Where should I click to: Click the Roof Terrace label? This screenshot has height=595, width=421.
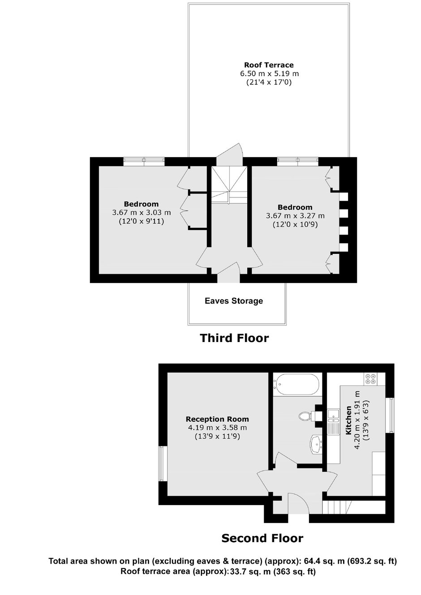coord(269,65)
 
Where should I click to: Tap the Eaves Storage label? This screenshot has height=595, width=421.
coord(234,301)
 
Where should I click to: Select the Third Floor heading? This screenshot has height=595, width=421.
coord(234,338)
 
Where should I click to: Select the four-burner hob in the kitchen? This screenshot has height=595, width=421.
coord(370,379)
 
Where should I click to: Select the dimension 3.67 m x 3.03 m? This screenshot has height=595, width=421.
coord(142,213)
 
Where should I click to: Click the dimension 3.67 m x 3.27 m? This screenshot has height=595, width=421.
coord(295,216)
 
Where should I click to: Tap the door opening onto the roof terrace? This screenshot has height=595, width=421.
coord(229,154)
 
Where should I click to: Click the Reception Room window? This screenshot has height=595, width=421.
coord(163,463)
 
